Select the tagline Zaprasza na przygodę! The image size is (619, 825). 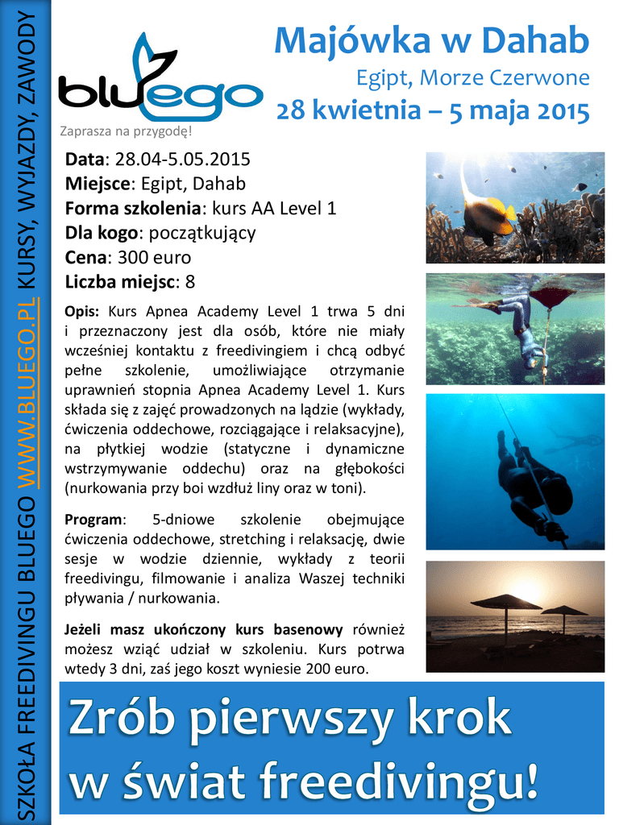pyautogui.click(x=127, y=131)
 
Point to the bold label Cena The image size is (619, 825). pyautogui.click(x=85, y=258)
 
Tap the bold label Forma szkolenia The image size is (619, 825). pyautogui.click(x=132, y=209)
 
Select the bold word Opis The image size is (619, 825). pyautogui.click(x=81, y=312)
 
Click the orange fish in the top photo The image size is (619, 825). pyautogui.click(x=488, y=215)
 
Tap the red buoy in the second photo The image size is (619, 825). pyautogui.click(x=552, y=295)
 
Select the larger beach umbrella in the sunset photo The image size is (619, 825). pyautogui.click(x=505, y=603)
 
